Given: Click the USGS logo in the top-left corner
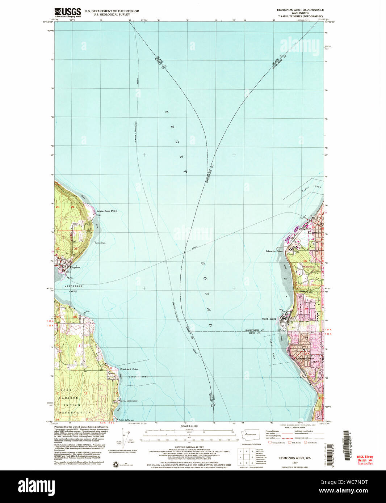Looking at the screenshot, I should click(67, 13).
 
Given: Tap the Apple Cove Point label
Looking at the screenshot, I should click(107, 211).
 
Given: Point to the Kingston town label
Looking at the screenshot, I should click(74, 267).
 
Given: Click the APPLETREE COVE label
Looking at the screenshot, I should click(74, 288).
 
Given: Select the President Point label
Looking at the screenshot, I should click(129, 369).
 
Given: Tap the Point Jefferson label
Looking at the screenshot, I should click(127, 420).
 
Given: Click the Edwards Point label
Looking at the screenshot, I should click(274, 251).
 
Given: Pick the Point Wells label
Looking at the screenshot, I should click(269, 319).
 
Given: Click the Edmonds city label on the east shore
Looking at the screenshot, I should click(314, 233).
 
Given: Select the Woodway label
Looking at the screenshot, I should click(309, 266).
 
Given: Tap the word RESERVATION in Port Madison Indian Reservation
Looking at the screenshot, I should click(75, 412).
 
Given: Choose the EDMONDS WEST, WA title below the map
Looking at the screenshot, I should click(295, 458).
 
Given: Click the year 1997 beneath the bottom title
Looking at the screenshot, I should click(295, 462).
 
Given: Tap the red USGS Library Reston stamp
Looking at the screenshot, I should click(365, 460).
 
